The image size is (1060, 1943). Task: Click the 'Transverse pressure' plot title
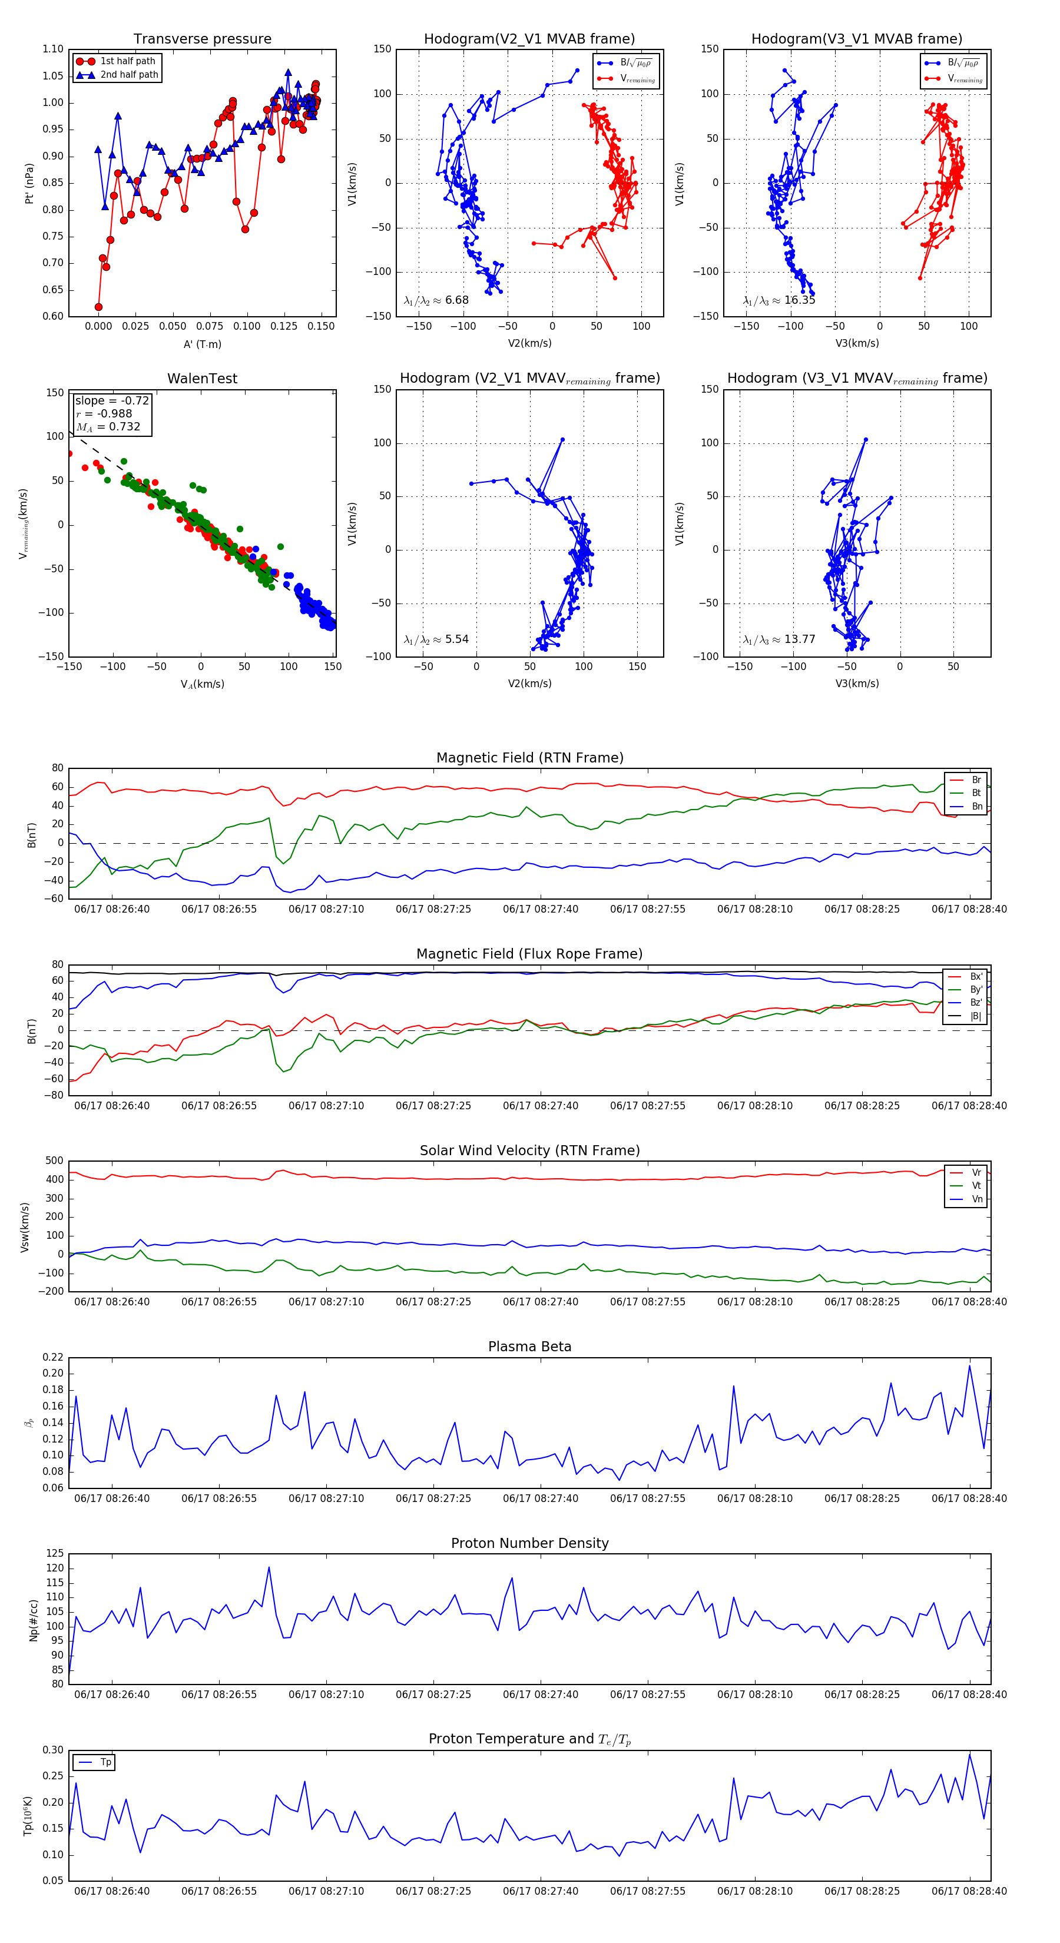tap(202, 39)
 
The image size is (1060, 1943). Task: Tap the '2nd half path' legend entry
tap(129, 75)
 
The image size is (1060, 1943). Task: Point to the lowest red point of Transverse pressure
tap(98, 307)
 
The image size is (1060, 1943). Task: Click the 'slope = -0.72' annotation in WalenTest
tap(112, 400)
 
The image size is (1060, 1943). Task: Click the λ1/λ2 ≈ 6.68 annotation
tap(436, 300)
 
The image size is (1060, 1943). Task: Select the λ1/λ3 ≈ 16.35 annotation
tap(779, 300)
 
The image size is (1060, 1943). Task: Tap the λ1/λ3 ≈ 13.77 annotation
tap(779, 639)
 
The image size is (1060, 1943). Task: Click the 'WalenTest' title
tap(202, 379)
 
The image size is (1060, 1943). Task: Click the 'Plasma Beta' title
tap(529, 1347)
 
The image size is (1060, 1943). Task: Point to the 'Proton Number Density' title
tap(529, 1543)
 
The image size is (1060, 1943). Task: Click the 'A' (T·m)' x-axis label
tap(202, 344)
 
